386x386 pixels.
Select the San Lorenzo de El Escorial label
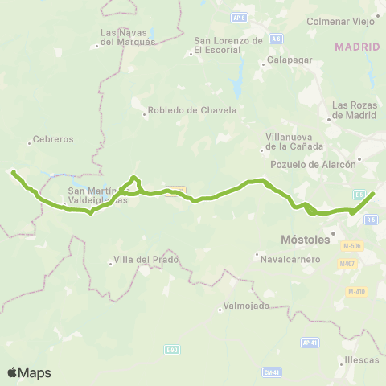pos(229,45)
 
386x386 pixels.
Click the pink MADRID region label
pos(357,47)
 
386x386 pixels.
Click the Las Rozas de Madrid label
pos(355,110)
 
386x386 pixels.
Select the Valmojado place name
pos(248,306)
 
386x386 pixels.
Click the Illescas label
pos(359,359)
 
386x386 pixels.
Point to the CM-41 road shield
pos(271,372)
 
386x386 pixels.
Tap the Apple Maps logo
pos(29,372)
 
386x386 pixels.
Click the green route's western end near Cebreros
pos(12,170)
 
